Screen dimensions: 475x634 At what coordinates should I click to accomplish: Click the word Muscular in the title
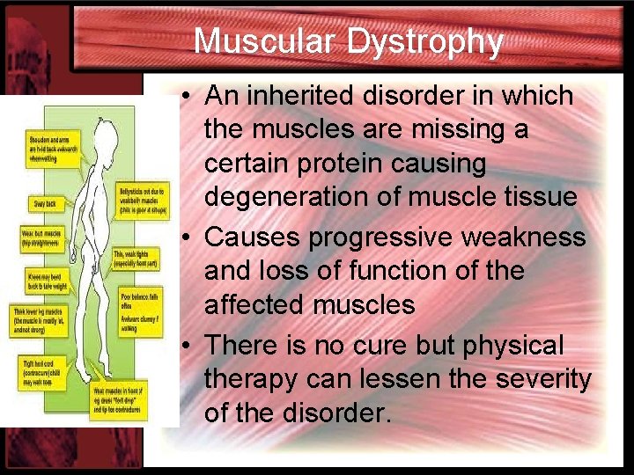click(x=265, y=41)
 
